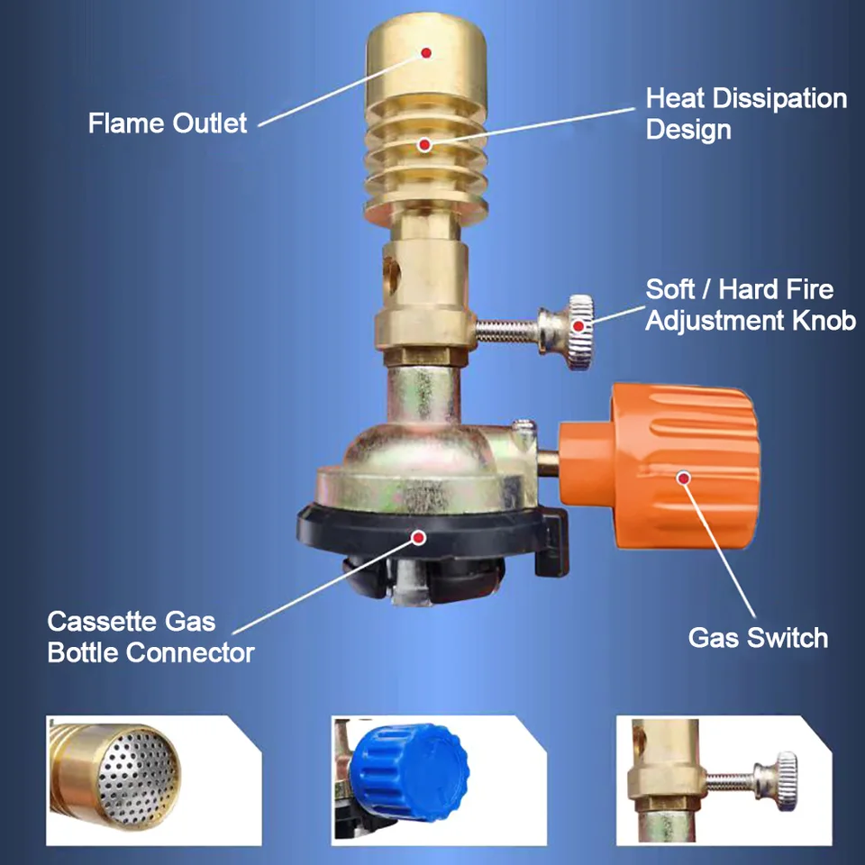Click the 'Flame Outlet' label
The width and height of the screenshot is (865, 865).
point(168,123)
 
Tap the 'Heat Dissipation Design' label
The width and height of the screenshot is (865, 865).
point(746,114)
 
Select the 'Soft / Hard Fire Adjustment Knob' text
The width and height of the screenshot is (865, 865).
point(751,305)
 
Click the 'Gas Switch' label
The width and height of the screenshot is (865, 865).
point(758,638)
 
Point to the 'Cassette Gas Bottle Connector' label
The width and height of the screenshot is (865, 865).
point(150,637)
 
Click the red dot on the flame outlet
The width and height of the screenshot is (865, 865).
point(426,53)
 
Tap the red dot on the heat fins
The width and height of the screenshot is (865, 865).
point(424,145)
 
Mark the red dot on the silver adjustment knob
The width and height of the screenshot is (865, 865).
point(578,326)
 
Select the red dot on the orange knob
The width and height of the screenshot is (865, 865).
point(684,478)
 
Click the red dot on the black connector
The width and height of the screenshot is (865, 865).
point(419,537)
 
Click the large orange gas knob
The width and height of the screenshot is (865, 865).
point(660,467)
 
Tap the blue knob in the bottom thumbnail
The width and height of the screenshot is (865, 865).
point(409,772)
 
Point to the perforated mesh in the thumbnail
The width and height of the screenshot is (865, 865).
point(138,778)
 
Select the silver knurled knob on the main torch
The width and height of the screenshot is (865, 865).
point(567,332)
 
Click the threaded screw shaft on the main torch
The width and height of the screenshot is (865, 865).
point(507,331)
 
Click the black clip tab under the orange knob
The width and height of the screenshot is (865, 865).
point(551,542)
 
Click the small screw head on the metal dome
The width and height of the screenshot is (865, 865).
point(524,427)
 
